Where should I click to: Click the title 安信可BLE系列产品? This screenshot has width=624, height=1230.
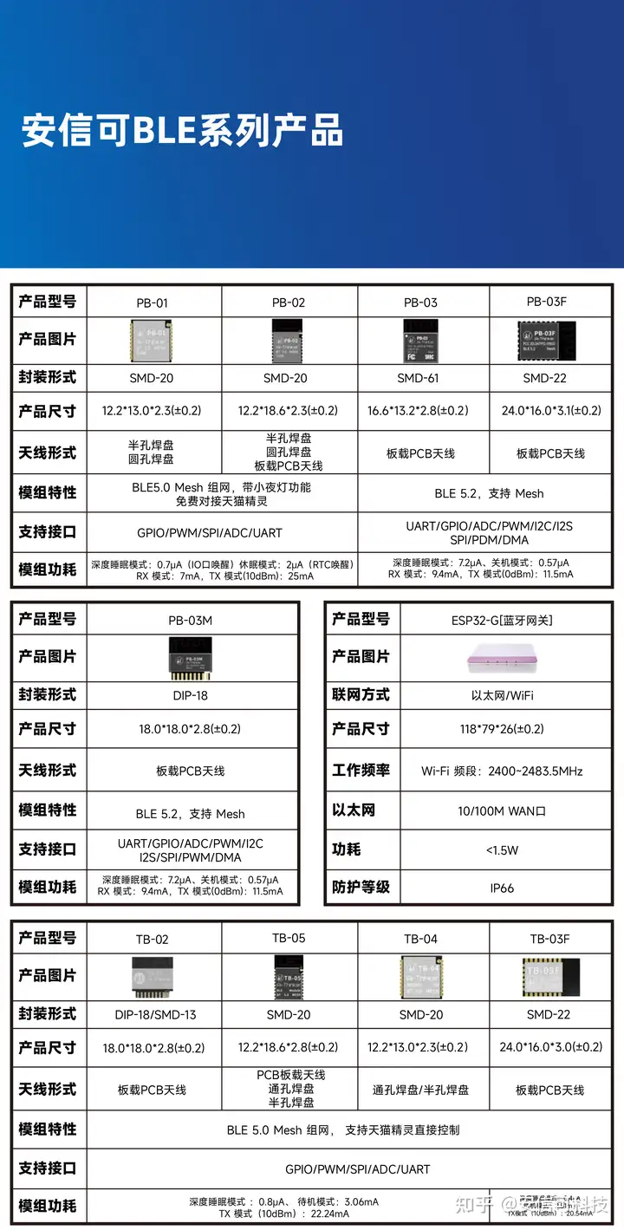[182, 130]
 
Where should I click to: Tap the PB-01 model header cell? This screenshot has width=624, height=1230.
[153, 303]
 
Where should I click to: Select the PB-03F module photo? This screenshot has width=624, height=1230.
[547, 339]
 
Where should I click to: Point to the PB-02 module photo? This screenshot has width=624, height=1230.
[288, 340]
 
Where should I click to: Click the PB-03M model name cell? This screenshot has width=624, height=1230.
[191, 620]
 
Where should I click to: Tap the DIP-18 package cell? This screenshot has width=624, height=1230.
[191, 695]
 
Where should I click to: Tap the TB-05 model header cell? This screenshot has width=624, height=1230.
[289, 938]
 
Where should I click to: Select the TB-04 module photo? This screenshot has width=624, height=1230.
[421, 975]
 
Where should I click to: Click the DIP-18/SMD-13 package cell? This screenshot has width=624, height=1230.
[153, 1014]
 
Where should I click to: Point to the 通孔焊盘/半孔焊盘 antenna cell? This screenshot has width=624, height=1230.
[421, 1090]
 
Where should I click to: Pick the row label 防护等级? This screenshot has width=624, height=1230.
[361, 888]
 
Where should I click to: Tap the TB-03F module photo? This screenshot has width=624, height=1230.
[549, 975]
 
